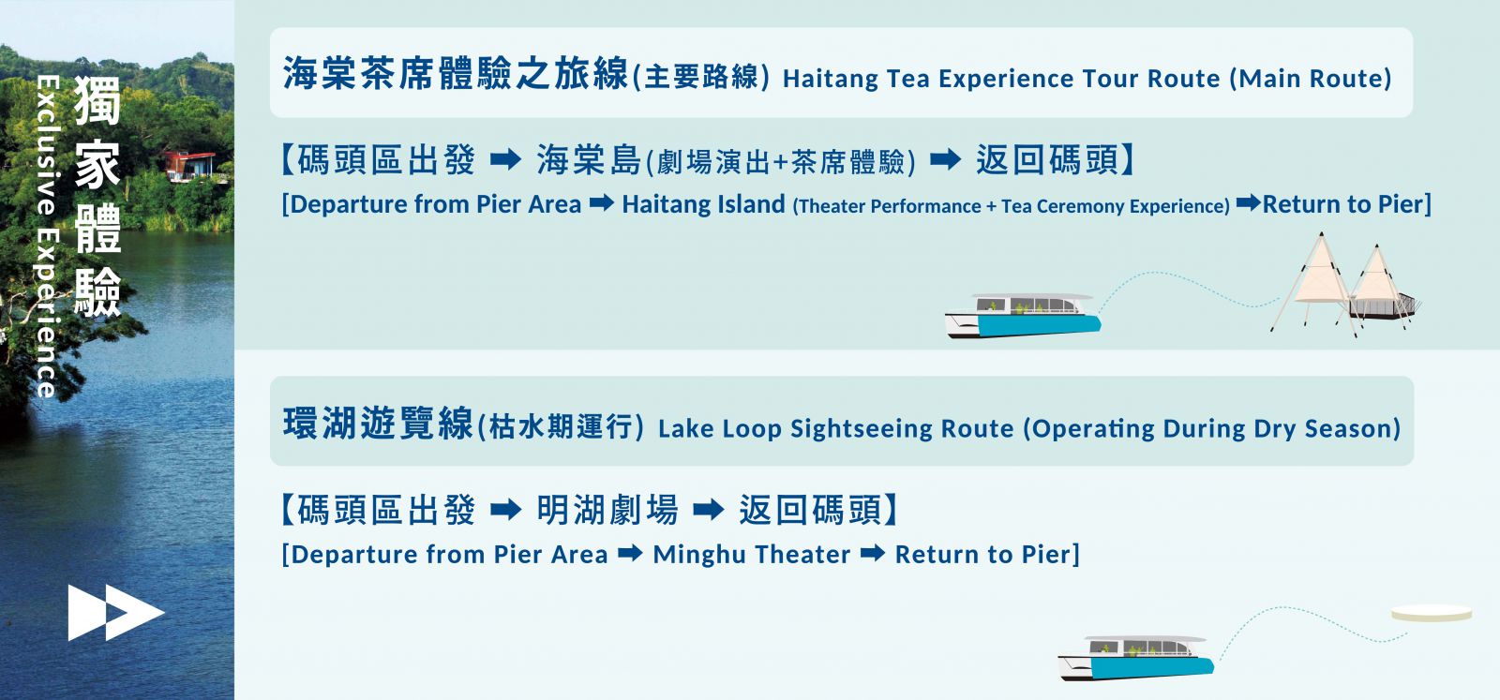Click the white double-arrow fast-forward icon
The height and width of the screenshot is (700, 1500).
click(x=116, y=613)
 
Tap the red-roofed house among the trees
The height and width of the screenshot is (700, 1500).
click(x=191, y=165)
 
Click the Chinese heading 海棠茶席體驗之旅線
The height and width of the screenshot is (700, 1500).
click(x=456, y=73)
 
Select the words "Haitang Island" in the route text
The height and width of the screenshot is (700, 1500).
click(x=703, y=204)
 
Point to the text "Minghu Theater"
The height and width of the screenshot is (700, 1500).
click(x=751, y=554)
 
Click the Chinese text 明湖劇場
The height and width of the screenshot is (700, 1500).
click(x=607, y=510)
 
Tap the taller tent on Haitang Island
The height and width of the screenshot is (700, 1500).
click(x=1316, y=281)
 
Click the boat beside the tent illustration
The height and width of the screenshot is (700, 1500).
click(x=1023, y=315)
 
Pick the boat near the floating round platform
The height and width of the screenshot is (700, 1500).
click(x=1135, y=658)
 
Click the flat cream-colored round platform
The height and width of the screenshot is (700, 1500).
click(x=1431, y=613)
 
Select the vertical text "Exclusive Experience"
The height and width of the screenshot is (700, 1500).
click(x=48, y=236)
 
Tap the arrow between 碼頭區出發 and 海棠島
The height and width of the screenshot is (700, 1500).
click(x=505, y=160)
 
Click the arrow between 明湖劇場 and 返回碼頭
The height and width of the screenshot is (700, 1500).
click(x=709, y=510)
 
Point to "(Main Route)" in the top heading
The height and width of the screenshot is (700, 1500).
click(x=1311, y=79)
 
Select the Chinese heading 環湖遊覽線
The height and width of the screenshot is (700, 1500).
click(x=378, y=424)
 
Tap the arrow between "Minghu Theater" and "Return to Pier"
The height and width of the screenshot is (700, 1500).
click(x=873, y=554)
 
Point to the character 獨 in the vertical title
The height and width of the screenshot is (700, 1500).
click(x=97, y=100)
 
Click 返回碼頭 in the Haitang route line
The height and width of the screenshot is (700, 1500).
click(x=1047, y=160)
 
